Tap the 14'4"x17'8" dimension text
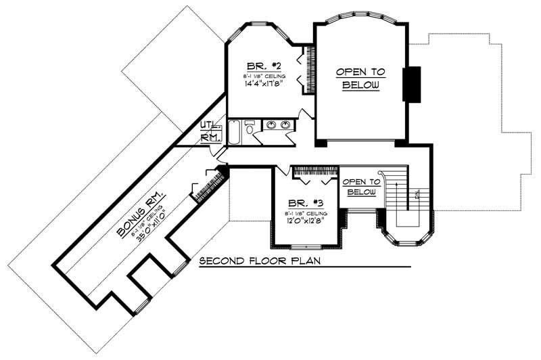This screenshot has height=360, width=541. pos(263,85)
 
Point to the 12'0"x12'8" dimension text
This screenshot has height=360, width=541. pos(304,220)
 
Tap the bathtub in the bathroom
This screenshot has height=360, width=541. pos(233,131)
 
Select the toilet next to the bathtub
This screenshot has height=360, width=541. pos(250,129)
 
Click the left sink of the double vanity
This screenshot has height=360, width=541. pos(271,125)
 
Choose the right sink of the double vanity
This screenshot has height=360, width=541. pos(286,125)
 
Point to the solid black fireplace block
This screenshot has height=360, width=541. pos(411,84)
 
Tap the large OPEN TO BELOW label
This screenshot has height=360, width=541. pos(360,78)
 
